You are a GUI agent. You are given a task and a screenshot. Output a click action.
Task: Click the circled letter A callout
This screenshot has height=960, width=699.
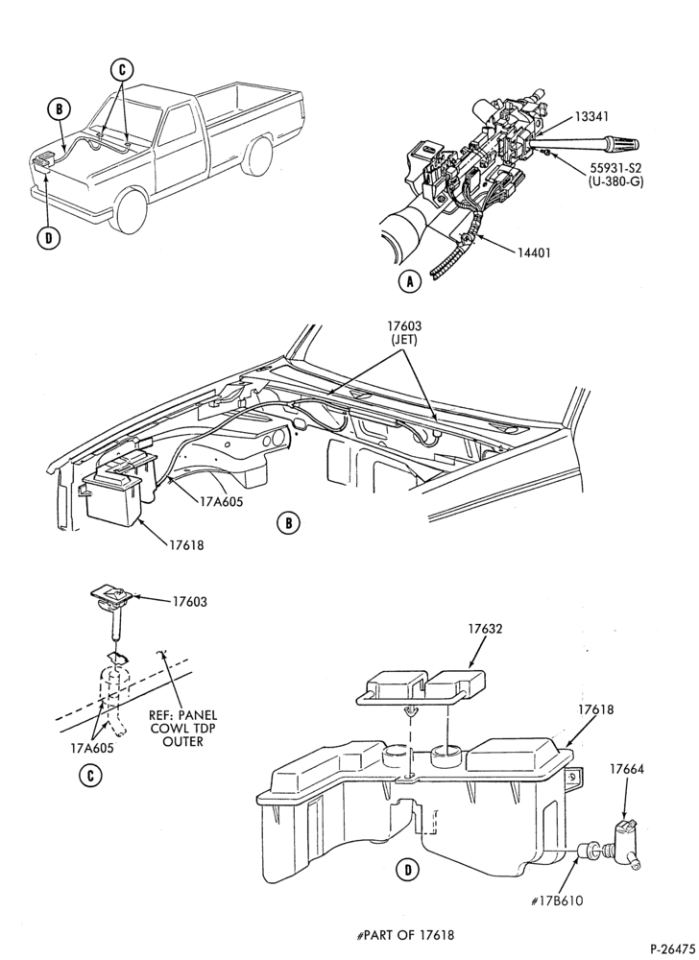pos(409,281)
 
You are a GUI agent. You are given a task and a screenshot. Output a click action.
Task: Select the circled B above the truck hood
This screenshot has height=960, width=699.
pos(59,109)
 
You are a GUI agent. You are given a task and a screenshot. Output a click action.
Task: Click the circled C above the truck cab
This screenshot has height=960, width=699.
pos(122,70)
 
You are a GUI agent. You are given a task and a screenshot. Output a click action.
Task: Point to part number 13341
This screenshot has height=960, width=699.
pos(591,116)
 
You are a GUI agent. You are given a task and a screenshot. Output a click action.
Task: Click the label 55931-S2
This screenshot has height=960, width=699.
pos(616,168)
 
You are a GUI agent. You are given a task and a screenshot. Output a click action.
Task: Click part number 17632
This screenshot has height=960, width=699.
pos(486,628)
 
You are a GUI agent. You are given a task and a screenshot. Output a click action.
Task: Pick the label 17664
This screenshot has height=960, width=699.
pos(626,769)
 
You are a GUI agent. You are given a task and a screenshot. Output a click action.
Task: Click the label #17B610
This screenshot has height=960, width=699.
pos(556,900)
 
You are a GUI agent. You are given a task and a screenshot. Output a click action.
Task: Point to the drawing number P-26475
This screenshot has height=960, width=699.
pos(672,949)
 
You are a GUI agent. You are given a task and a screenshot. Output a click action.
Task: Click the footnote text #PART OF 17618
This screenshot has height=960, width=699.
pos(405,934)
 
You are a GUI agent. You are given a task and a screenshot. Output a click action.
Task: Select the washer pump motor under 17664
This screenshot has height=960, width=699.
pos(626,844)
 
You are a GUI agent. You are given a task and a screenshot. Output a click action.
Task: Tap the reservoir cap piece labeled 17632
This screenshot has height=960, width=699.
pos(421,688)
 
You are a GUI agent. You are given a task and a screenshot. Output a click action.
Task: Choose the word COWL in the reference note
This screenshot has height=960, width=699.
pos(166,728)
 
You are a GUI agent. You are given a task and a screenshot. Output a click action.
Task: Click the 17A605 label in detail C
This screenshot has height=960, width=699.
pos(92,747)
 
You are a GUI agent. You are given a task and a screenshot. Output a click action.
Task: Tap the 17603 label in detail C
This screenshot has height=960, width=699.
pos(189,602)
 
